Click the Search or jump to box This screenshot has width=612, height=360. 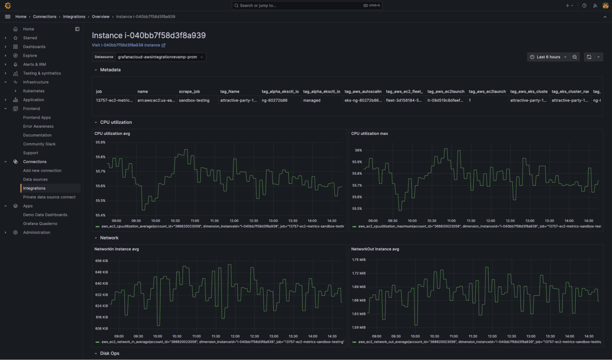tap(306, 6)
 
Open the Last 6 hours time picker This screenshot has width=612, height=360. tap(548, 57)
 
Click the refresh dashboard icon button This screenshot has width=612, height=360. tap(589, 57)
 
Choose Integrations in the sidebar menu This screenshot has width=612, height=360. tap(34, 188)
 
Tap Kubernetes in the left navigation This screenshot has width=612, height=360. tap(34, 91)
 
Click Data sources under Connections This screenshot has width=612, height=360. tap(35, 179)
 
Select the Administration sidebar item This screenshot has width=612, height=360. tap(36, 232)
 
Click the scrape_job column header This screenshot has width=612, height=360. tap(189, 92)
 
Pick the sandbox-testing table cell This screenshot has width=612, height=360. tap(194, 100)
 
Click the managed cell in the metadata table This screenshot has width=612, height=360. tap(312, 100)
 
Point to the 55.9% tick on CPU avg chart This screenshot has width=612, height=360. tap(100, 142)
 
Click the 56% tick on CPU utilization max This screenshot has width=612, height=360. tap(358, 150)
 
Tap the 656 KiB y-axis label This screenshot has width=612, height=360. tap(101, 261)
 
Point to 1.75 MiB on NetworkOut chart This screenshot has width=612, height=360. tap(359, 260)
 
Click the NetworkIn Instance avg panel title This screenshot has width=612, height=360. tap(116, 249)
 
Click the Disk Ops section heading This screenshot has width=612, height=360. tap(109, 353)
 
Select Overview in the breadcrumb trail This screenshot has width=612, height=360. tap(100, 17)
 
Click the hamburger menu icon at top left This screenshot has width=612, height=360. tap(8, 17)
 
